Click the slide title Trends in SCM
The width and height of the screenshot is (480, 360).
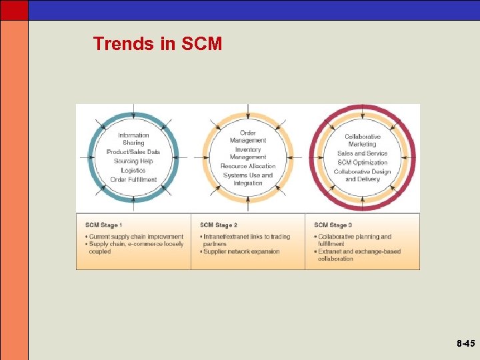click(157, 44)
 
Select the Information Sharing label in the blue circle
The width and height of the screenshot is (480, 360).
click(133, 139)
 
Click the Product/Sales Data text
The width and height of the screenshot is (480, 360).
click(133, 152)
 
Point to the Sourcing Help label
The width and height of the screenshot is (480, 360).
click(133, 161)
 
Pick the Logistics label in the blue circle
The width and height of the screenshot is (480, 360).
click(133, 170)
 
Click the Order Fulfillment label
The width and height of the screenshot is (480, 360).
click(133, 179)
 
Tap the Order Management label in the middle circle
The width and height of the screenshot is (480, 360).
click(248, 137)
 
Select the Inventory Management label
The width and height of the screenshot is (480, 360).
click(248, 153)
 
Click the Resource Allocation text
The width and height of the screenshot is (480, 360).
click(248, 166)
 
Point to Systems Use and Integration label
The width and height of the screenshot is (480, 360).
click(248, 179)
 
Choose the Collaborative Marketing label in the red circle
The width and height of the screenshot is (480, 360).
click(363, 140)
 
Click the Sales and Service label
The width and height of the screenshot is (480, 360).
click(363, 153)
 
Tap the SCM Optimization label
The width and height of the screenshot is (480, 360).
click(363, 162)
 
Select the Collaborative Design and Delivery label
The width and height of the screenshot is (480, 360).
click(363, 175)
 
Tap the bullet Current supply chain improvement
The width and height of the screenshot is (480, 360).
click(136, 237)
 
